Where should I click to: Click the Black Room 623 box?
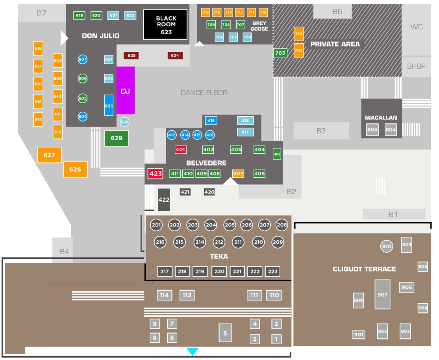click(x=165, y=24)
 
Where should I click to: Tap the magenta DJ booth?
click(x=126, y=91)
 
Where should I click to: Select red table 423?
click(x=156, y=174)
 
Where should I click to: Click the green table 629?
click(x=117, y=138)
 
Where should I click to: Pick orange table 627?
click(x=50, y=155)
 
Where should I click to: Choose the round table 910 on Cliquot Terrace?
click(x=387, y=247)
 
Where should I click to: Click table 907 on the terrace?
click(x=382, y=295)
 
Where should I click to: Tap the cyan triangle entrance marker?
click(x=192, y=352)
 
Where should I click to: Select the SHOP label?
click(x=416, y=66)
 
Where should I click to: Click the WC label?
click(x=416, y=27)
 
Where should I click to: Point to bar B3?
click(x=321, y=131)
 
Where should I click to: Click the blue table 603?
click(x=109, y=106)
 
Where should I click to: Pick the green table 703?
click(x=280, y=53)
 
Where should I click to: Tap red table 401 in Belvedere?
click(x=181, y=150)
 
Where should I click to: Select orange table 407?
click(x=238, y=174)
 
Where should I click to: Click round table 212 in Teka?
click(x=219, y=242)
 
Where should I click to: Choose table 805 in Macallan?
click(x=372, y=130)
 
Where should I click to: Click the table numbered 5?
click(x=225, y=333)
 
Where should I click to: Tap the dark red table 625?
click(x=132, y=56)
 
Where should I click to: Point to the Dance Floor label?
click(x=204, y=93)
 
